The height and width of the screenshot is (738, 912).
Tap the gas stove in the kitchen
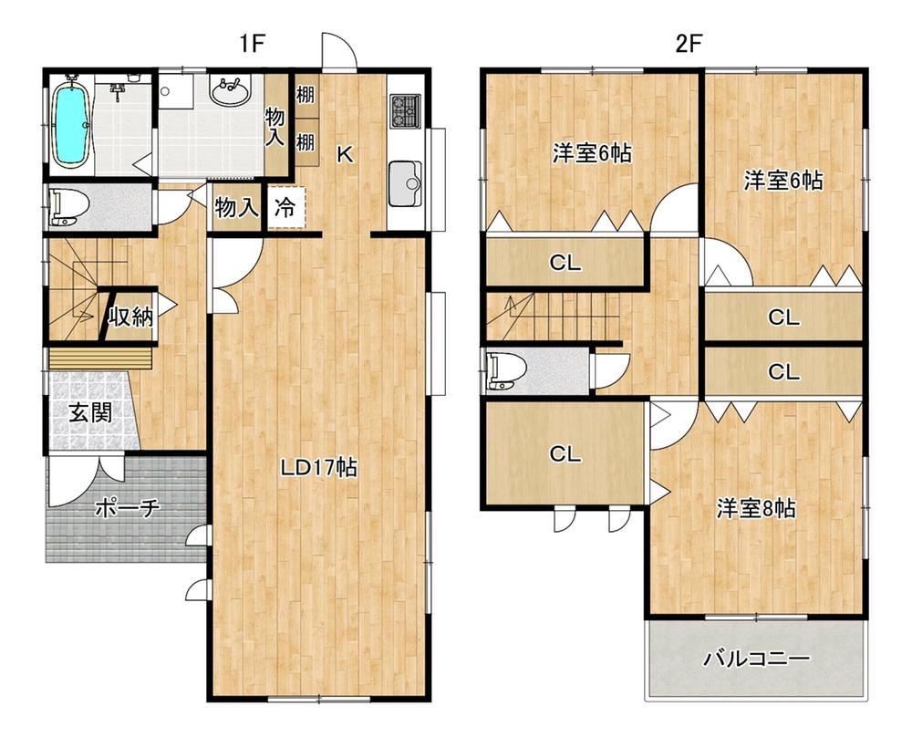click(405, 109)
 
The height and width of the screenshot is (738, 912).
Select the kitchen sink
click(406, 183)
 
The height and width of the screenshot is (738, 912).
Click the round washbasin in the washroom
click(231, 92)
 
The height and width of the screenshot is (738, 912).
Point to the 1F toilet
click(70, 206)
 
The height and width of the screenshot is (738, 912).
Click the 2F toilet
click(508, 371)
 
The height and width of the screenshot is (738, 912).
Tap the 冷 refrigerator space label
click(285, 207)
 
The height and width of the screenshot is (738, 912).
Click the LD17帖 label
click(318, 467)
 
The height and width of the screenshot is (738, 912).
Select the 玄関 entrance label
click(90, 413)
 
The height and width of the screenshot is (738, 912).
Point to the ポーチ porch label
click(127, 508)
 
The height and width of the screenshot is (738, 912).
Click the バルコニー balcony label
click(757, 659)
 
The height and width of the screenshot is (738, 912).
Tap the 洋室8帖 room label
click(755, 508)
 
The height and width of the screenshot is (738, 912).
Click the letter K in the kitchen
click(345, 154)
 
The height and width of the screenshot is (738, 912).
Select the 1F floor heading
click(252, 44)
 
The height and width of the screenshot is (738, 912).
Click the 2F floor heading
click(689, 44)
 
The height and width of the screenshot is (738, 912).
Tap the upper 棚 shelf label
click(306, 94)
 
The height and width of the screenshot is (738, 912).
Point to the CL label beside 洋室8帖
click(565, 453)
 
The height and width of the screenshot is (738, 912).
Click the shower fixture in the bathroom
click(119, 89)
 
